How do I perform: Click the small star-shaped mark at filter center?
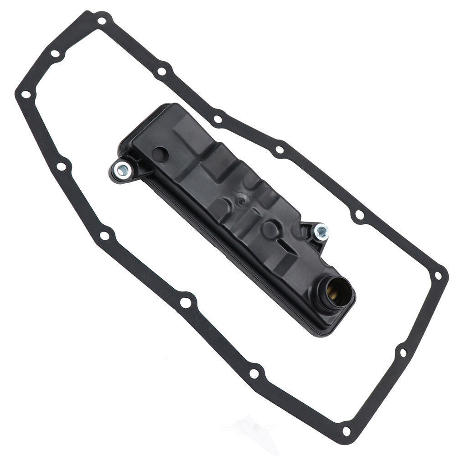tap(241, 199)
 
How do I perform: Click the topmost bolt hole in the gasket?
tap(101, 21)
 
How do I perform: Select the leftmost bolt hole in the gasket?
tap(26, 94)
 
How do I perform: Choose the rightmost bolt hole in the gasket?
tap(438, 276)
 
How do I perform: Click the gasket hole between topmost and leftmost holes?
tap(55, 54)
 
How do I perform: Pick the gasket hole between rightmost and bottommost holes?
tap(403, 352)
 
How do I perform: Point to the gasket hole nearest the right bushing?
tap(359, 214)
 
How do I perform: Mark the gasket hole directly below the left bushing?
tap(104, 236)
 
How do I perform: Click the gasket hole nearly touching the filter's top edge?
tap(218, 119)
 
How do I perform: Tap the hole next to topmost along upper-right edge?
tap(162, 72)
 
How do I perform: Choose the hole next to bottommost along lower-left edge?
tap(254, 373)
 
